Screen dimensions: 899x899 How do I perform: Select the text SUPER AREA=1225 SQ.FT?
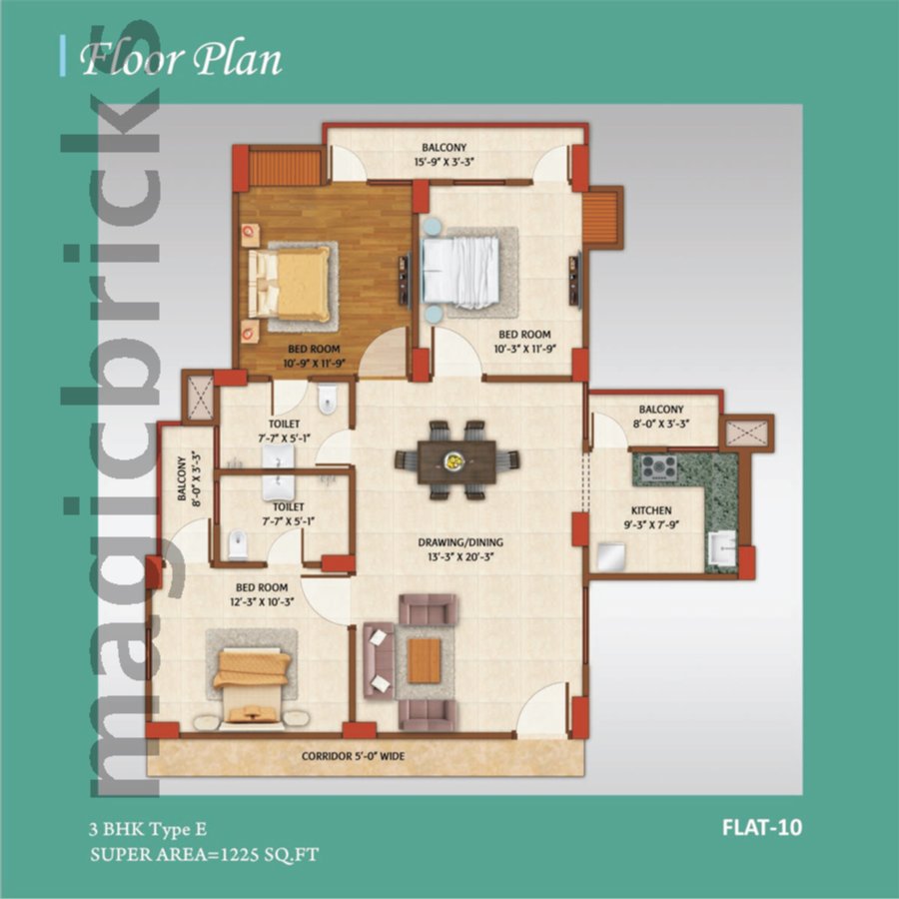[205, 855]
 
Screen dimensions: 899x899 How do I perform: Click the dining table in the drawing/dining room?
[456, 460]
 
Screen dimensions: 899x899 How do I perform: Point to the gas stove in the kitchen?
[658, 466]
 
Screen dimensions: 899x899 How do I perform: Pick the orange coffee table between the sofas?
[425, 658]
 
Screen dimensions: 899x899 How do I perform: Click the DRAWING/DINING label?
[459, 542]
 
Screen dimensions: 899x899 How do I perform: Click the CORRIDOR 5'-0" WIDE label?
[353, 756]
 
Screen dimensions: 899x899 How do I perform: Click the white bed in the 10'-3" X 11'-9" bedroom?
[459, 272]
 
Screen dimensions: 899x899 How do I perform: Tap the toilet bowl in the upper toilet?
[328, 403]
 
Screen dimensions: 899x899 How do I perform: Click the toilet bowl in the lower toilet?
[236, 545]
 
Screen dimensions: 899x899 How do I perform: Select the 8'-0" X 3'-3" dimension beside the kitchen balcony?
[660, 424]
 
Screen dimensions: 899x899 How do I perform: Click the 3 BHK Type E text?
[150, 828]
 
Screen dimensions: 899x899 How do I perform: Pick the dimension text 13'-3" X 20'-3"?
[459, 556]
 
